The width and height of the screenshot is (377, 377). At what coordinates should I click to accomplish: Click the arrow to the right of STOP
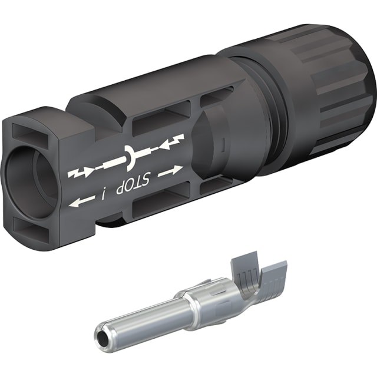pyautogui.click(x=170, y=170)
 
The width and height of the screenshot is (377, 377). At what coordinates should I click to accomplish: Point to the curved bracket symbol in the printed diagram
pyautogui.click(x=130, y=157)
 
